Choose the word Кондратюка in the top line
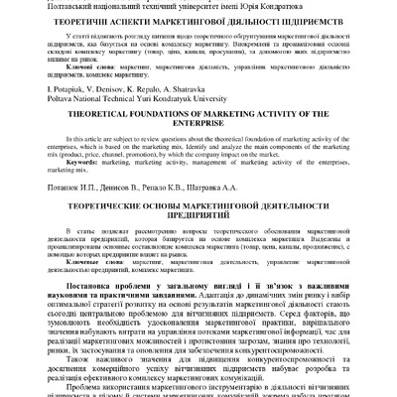click(x=309, y=5)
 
